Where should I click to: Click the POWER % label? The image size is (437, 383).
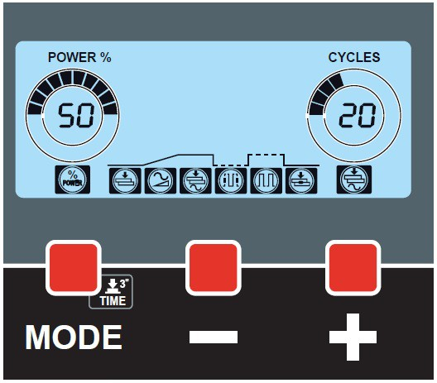(79, 57)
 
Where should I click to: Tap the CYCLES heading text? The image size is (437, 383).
(354, 57)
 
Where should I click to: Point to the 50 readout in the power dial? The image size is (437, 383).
(76, 115)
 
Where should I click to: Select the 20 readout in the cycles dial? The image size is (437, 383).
(358, 115)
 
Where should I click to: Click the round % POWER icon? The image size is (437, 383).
(73, 180)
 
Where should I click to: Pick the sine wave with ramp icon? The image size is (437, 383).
(161, 181)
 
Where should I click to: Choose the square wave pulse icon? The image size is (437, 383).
(267, 181)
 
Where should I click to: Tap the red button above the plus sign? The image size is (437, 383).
(353, 268)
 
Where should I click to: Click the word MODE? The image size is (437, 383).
(74, 338)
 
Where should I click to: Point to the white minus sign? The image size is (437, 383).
(214, 337)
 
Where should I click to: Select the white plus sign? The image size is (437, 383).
(353, 337)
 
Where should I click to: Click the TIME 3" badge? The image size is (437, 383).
(111, 293)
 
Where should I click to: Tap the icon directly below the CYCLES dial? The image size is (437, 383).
(354, 180)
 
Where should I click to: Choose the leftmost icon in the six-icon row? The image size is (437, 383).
(125, 181)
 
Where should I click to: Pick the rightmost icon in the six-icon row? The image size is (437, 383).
(301, 181)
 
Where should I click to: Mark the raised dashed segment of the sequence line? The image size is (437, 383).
(267, 154)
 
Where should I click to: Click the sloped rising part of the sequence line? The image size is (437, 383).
(161, 160)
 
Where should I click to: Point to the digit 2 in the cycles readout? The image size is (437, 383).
(348, 115)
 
